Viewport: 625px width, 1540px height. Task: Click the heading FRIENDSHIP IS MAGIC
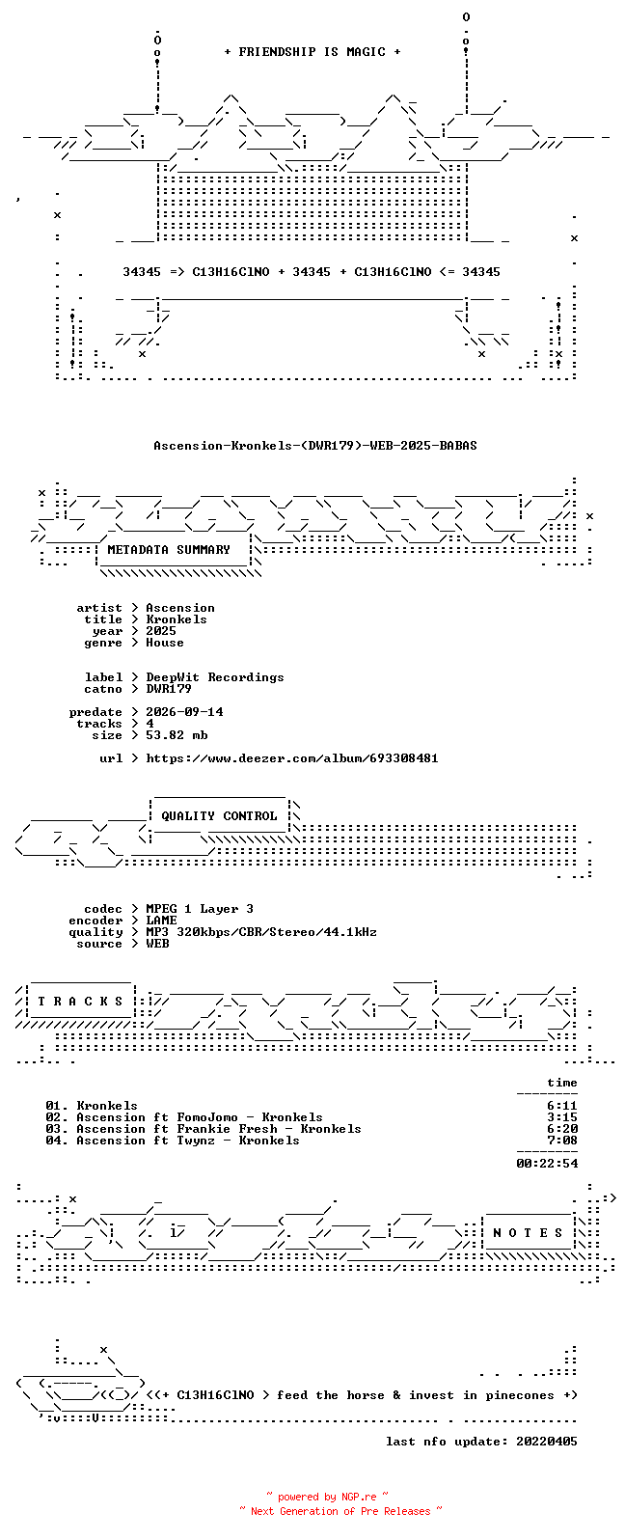point(312,51)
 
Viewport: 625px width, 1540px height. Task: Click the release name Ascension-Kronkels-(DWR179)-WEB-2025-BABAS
point(314,446)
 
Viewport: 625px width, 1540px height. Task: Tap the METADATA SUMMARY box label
point(169,549)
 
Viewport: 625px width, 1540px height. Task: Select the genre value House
point(164,643)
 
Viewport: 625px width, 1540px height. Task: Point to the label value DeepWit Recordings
point(214,677)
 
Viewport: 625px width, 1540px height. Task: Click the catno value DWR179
point(169,689)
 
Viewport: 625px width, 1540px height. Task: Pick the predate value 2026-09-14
point(184,711)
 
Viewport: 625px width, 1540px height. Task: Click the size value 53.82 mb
point(177,735)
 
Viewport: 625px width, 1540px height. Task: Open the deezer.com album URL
point(291,758)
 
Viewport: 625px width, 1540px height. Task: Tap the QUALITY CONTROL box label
point(219,816)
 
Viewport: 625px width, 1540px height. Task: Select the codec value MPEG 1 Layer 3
point(200,909)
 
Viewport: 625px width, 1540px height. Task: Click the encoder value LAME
point(161,921)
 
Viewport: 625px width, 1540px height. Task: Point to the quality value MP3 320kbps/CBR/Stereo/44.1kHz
point(261,932)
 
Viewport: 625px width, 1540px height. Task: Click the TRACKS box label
point(80,1001)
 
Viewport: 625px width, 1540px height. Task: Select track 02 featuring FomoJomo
point(184,1117)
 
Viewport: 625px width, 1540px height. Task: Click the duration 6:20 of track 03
point(562,1129)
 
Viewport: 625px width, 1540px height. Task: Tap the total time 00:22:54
point(547,1164)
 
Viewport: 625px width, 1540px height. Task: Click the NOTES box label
point(528,1233)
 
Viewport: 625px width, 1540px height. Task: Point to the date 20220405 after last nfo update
point(547,1441)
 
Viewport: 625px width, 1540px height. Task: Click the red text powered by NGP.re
point(327,1497)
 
